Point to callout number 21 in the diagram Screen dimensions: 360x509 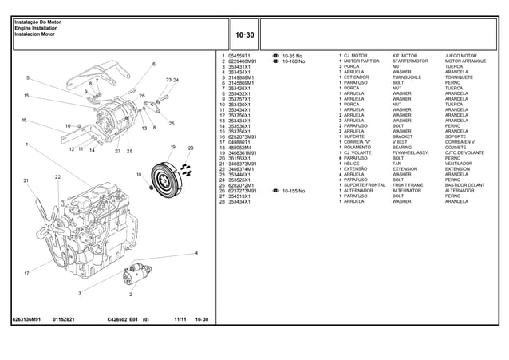point(26,181)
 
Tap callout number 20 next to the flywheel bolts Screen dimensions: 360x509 point(191,148)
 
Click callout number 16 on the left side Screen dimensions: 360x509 point(25,121)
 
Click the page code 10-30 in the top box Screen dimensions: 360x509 point(244,35)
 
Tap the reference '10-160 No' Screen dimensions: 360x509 point(294,61)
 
